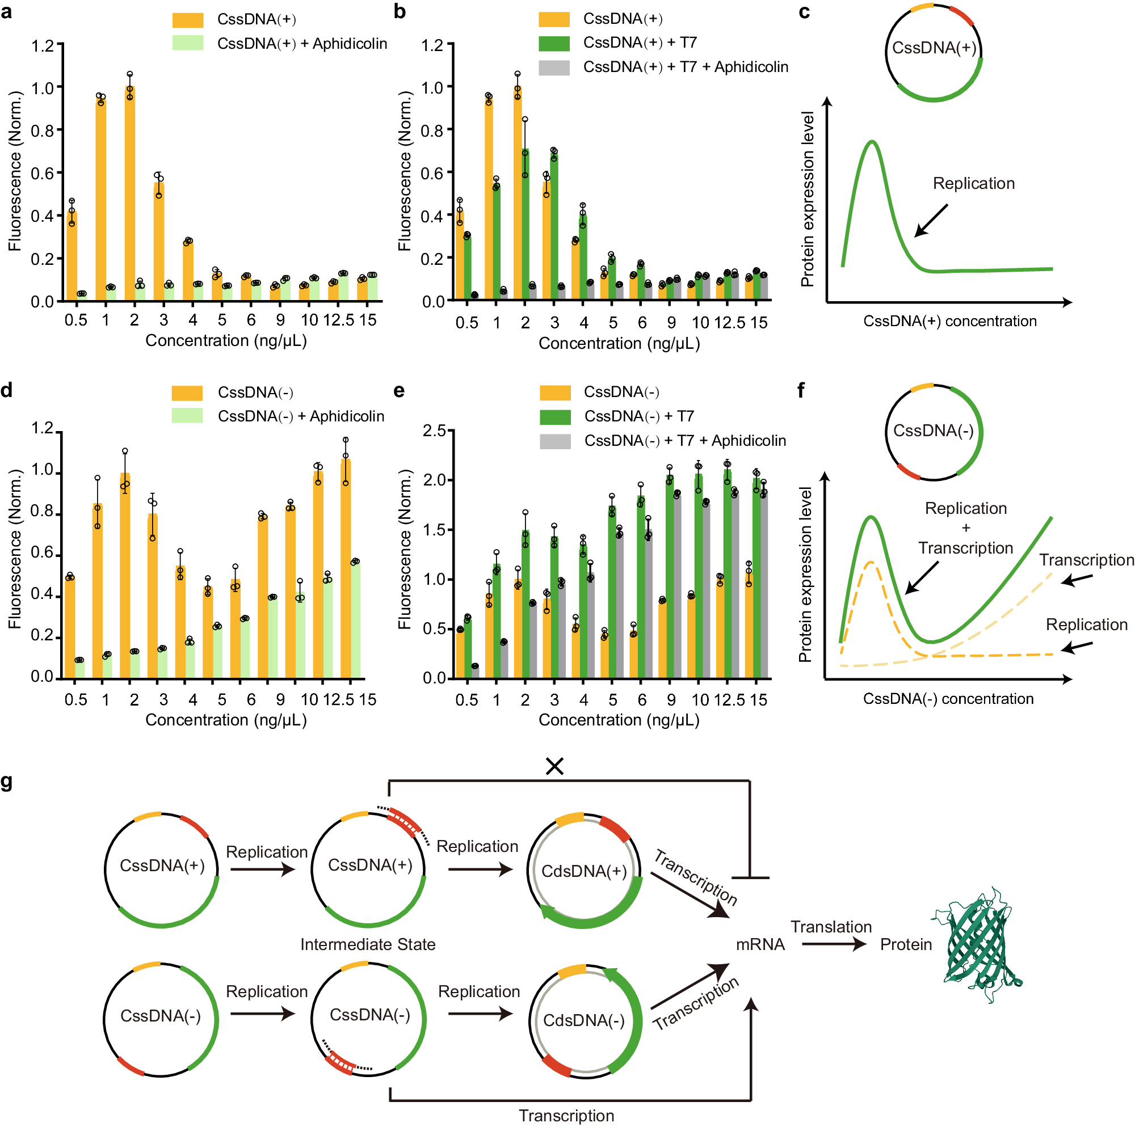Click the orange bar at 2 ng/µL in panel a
coord(130,194)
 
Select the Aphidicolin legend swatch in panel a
coord(187,44)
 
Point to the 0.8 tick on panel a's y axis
coord(43,130)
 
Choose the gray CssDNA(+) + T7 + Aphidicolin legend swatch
coord(553,67)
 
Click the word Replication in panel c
coord(973,184)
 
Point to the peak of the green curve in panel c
coord(872,142)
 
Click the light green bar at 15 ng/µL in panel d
coord(355,619)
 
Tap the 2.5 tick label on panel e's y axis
coord(434,430)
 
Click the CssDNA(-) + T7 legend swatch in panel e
coord(554,416)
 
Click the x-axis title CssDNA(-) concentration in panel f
coord(948,699)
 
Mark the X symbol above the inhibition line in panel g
coord(554,766)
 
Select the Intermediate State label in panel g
coord(368,944)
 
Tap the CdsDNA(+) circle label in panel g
coord(584,871)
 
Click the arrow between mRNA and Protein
coord(833,944)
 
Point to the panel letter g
coord(7,782)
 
